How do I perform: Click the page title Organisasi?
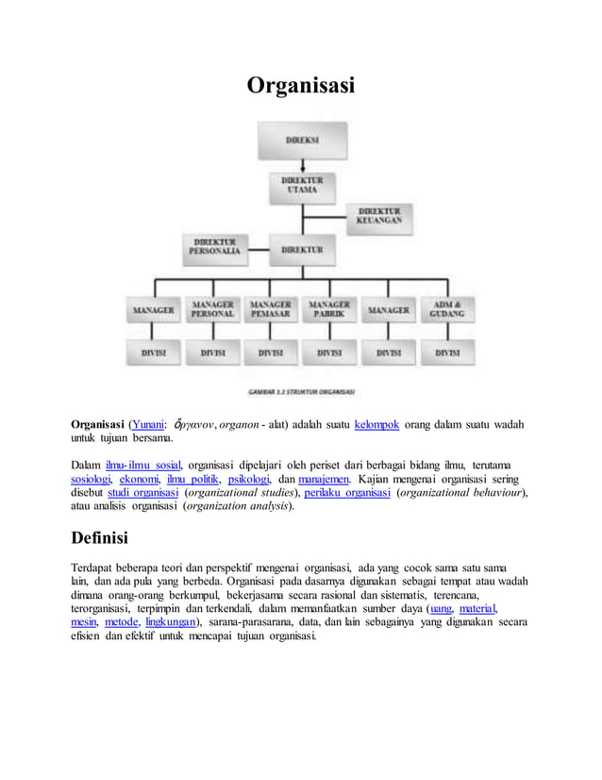click(x=300, y=86)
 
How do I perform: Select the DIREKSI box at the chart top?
click(x=301, y=141)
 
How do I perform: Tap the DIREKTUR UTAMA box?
click(x=301, y=184)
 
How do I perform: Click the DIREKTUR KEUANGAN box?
click(x=379, y=215)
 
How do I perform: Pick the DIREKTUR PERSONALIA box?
click(x=215, y=246)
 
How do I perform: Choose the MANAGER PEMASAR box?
click(x=272, y=310)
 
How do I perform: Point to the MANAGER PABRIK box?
click(x=329, y=310)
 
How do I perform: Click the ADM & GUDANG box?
click(x=447, y=310)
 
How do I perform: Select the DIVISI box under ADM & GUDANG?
click(x=447, y=353)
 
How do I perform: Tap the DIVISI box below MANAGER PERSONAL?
click(x=213, y=353)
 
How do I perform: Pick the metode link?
click(x=121, y=621)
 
